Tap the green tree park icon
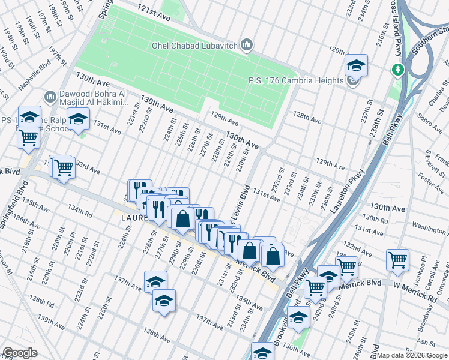[397, 70]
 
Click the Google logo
[20, 353]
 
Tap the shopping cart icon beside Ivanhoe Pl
[397, 260]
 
